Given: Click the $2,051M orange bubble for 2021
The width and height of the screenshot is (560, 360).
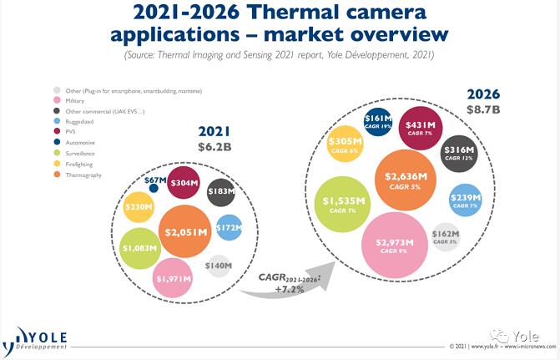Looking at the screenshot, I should pos(186,232).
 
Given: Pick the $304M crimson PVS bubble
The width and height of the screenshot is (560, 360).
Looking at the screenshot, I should pos(184,183).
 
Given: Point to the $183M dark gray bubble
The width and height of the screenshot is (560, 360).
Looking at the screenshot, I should pos(220,192).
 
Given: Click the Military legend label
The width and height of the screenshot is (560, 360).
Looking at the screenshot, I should pos(74,100).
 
